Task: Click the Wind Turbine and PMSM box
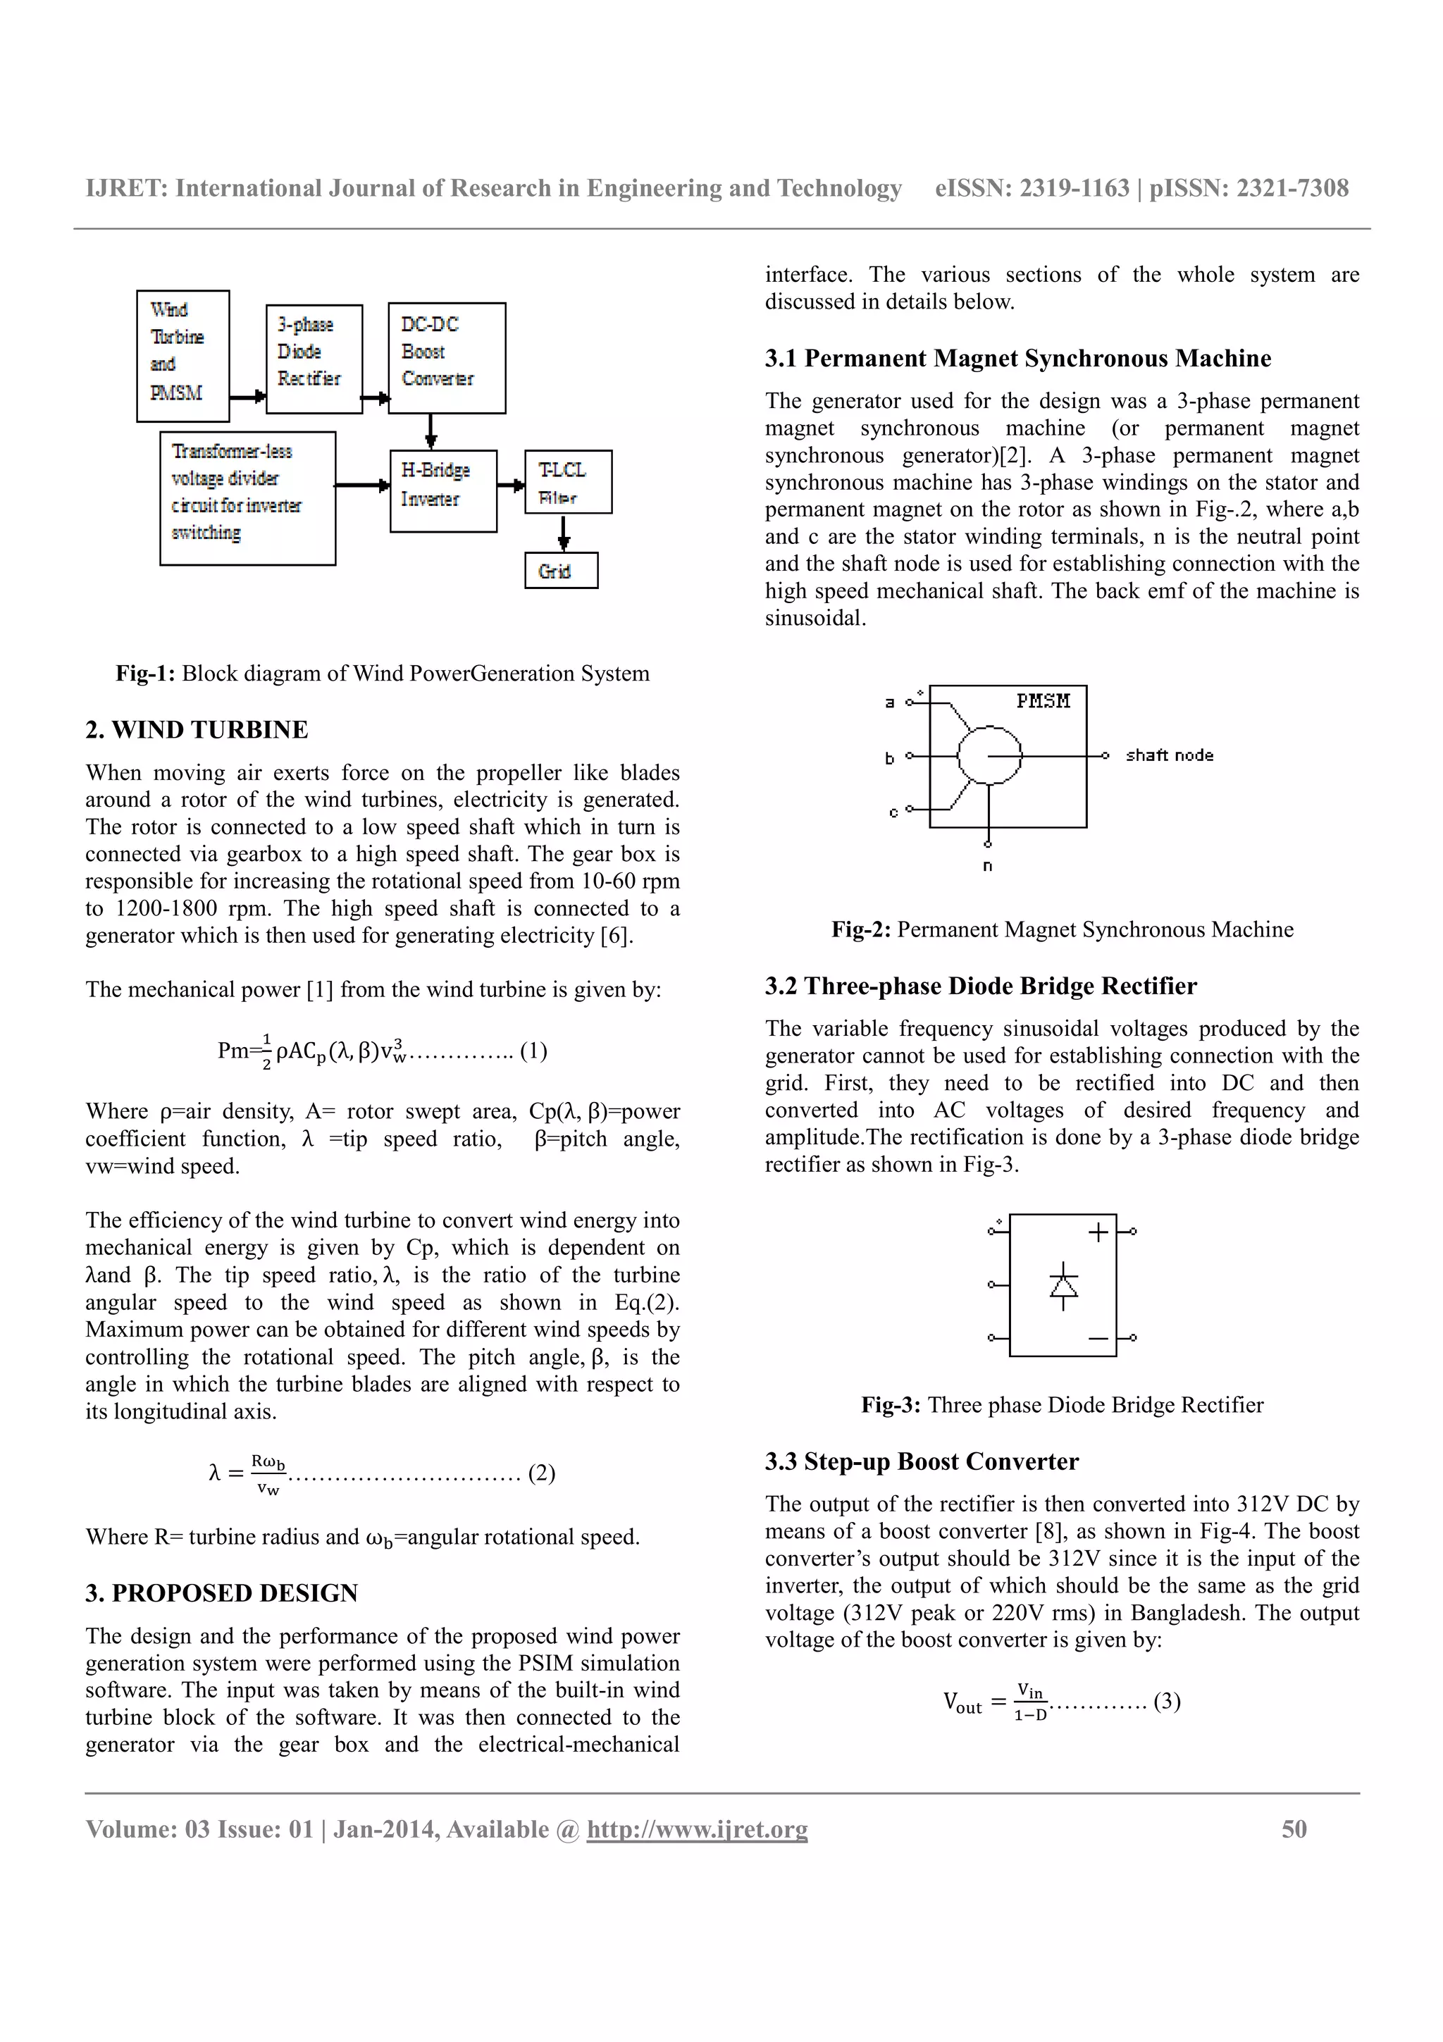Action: coord(182,356)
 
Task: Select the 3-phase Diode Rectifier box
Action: coord(314,359)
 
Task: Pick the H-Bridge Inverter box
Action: coord(442,491)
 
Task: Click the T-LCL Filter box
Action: coord(568,482)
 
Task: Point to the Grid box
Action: coord(561,571)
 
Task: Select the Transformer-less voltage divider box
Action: coord(247,498)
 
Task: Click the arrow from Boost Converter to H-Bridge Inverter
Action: coord(431,432)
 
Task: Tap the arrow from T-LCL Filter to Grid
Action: coord(564,533)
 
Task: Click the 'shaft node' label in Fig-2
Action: coord(1168,755)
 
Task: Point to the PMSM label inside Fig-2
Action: coord(1043,701)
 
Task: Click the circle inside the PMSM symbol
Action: coord(989,755)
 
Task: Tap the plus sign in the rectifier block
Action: coord(1098,1232)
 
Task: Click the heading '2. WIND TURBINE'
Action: coord(197,730)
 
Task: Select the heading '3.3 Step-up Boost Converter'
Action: coord(921,1461)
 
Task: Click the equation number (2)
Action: coord(541,1473)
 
